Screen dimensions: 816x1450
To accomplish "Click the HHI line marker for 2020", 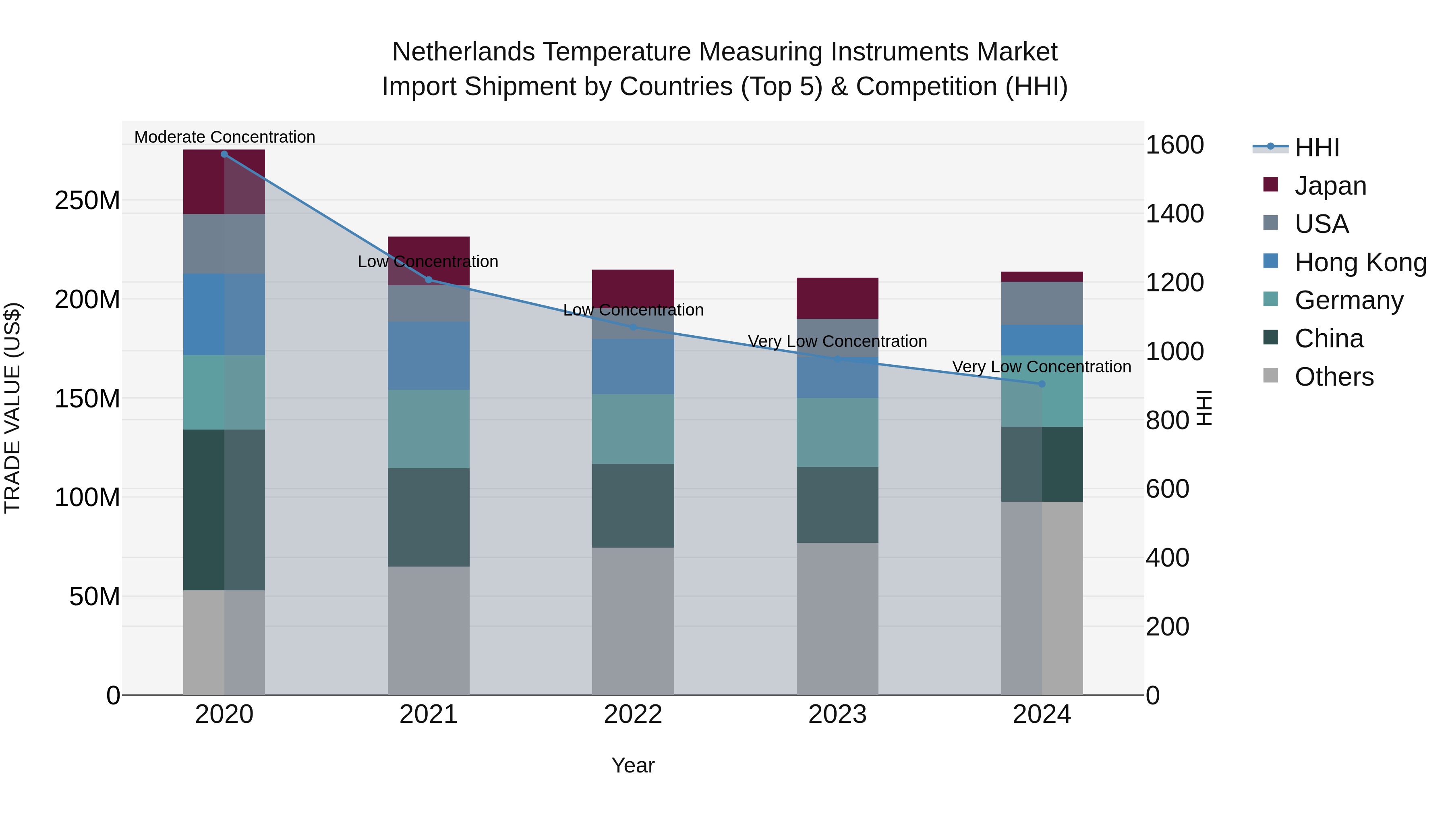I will [224, 154].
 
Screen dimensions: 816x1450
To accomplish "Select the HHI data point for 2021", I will [429, 280].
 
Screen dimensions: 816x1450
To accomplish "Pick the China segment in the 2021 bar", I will [429, 517].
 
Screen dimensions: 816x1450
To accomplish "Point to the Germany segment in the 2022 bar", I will [633, 429].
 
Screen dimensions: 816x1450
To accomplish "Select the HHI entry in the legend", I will [1317, 147].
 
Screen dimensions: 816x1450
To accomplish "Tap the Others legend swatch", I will [1270, 376].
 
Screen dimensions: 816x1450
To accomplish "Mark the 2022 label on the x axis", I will [633, 714].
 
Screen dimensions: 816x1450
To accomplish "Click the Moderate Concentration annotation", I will [225, 137].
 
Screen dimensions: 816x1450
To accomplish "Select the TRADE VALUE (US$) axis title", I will [12, 408].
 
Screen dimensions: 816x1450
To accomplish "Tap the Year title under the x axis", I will [633, 765].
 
